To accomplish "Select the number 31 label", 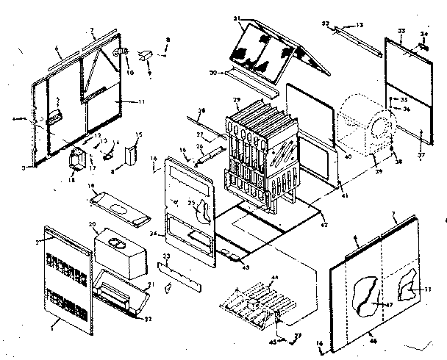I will tap(237, 18).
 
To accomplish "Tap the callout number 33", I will tap(401, 30).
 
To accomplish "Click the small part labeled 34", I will tap(425, 43).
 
